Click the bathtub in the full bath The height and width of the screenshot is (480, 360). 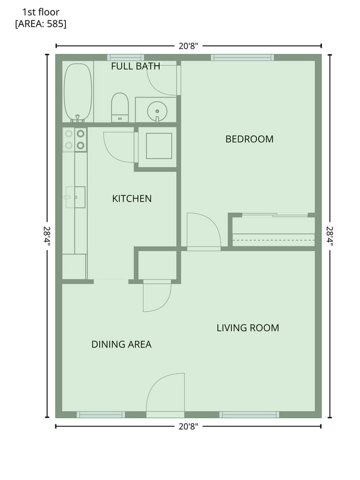[x=78, y=92]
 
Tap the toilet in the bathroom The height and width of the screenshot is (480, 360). [x=120, y=107]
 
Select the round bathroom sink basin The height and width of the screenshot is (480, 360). [x=157, y=111]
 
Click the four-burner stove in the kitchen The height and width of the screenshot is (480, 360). [x=75, y=140]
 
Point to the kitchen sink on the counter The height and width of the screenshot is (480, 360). [x=75, y=197]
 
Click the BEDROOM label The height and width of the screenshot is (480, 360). [x=249, y=140]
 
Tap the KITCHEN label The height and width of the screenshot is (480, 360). [x=132, y=199]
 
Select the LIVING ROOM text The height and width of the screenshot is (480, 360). [x=248, y=328]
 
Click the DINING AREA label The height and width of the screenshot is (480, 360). [x=121, y=344]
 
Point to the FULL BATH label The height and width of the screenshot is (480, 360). [x=136, y=66]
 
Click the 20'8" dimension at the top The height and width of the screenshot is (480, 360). [x=188, y=46]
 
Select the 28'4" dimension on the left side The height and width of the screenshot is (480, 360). [x=47, y=236]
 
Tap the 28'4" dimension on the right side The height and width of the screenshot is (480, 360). [x=330, y=236]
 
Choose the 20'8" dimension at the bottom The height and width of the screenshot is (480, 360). [x=188, y=426]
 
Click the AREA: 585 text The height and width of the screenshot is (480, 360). [x=41, y=24]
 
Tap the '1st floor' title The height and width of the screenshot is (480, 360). [x=41, y=12]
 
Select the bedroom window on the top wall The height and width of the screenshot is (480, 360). [x=242, y=58]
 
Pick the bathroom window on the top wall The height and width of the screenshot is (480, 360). [x=126, y=58]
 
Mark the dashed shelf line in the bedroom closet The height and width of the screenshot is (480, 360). [x=274, y=240]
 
